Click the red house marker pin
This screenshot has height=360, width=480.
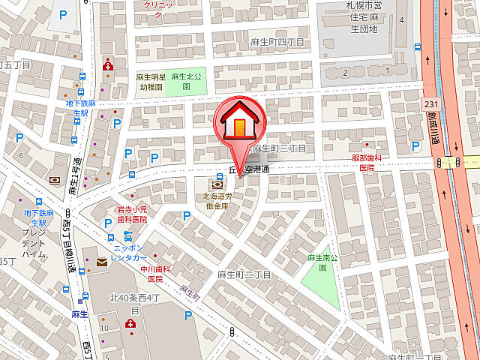click(238, 121)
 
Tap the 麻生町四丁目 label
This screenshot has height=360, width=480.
click(278, 42)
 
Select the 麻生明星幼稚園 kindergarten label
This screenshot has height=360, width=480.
click(151, 81)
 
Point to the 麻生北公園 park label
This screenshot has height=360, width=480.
click(185, 81)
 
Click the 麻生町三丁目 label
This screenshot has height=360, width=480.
click(279, 148)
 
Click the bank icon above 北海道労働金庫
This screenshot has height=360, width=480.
click(217, 183)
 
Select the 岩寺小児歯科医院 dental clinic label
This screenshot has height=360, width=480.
click(131, 214)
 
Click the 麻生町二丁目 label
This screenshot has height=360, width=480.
click(244, 275)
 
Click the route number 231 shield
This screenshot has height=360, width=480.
click(430, 104)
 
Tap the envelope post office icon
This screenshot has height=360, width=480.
click(101, 262)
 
